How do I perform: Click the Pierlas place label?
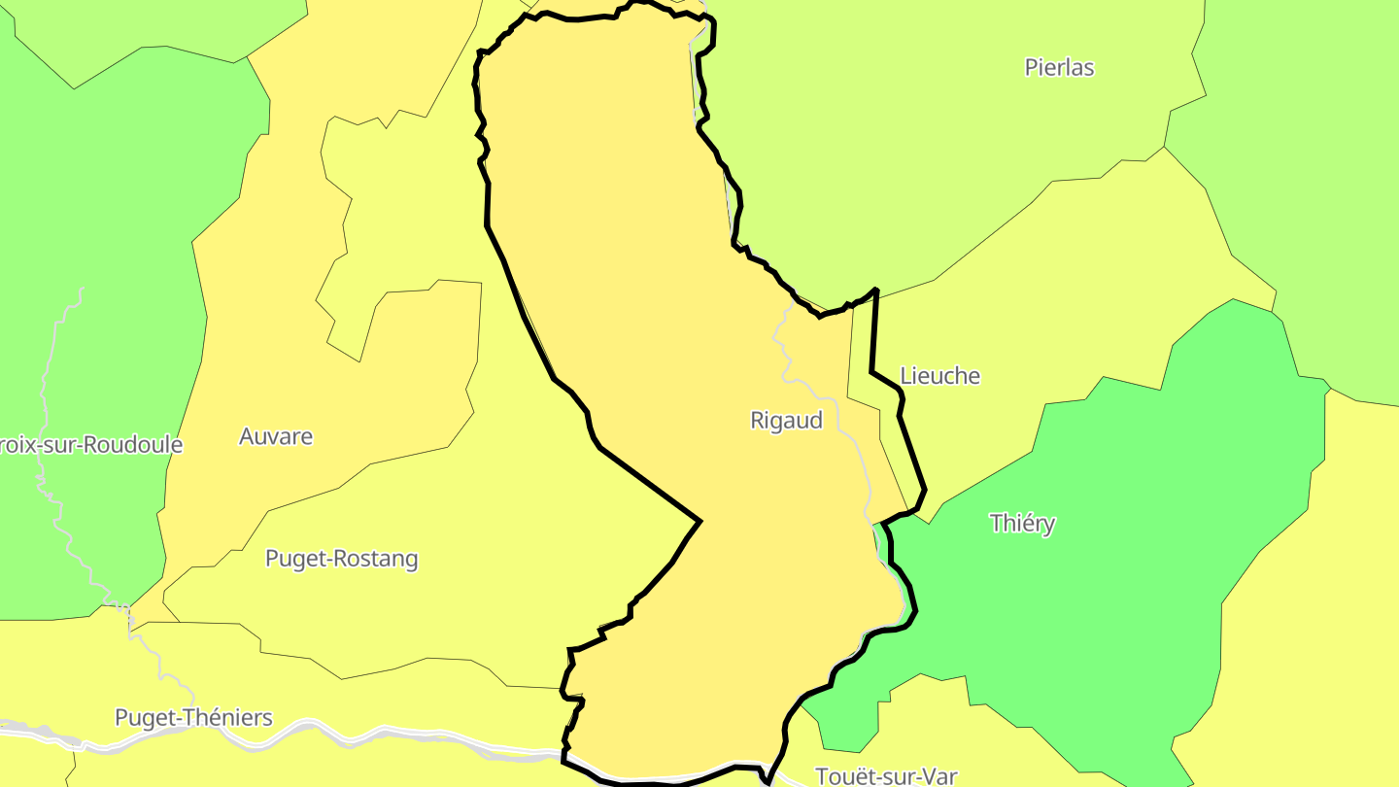click(1059, 68)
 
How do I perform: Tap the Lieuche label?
click(939, 376)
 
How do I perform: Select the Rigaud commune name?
click(786, 421)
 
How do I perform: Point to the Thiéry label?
click(1022, 524)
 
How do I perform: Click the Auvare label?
click(276, 437)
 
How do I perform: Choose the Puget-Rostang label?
click(341, 560)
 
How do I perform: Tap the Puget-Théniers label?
click(193, 718)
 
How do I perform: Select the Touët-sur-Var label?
click(886, 776)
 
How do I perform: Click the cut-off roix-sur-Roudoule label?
click(91, 445)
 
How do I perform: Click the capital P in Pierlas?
click(1032, 68)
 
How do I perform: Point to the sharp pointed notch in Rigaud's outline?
click(699, 522)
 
